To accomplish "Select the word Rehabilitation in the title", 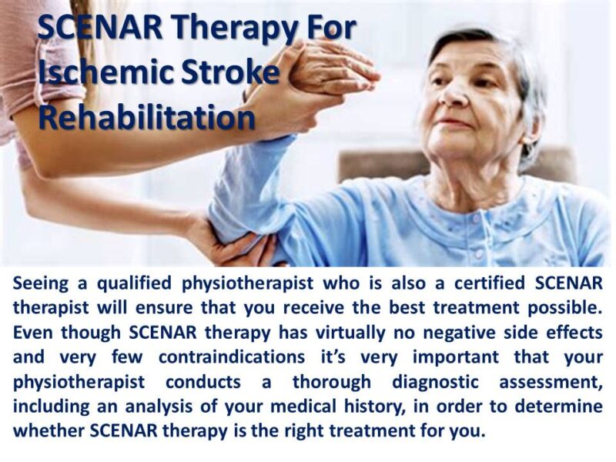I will pos(146,117).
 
